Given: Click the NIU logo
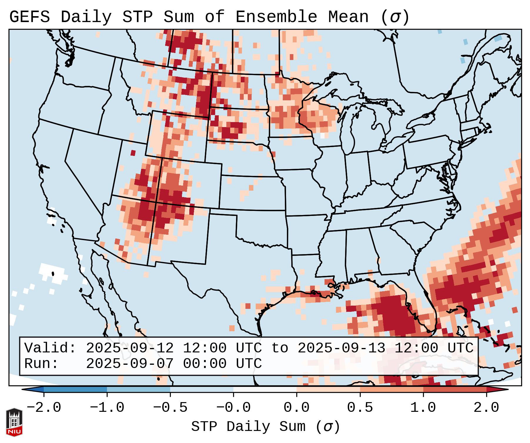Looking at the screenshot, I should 14,422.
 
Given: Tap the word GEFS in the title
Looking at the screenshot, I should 29,17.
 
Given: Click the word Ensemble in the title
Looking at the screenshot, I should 276,17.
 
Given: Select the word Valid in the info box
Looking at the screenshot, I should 47,348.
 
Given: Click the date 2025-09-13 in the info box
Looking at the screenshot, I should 341,348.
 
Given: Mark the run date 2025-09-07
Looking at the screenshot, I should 130,364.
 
